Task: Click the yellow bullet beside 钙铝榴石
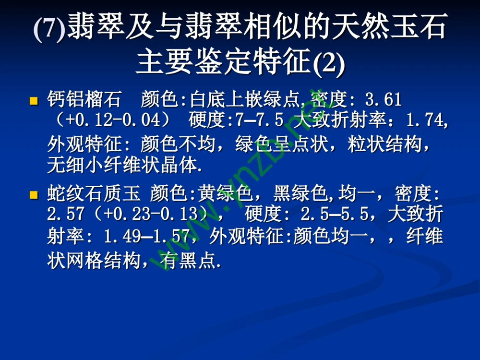pyautogui.click(x=34, y=101)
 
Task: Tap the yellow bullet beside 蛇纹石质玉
pyautogui.click(x=34, y=194)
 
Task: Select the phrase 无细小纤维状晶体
pyautogui.click(x=122, y=166)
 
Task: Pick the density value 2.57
pyautogui.click(x=66, y=213)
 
